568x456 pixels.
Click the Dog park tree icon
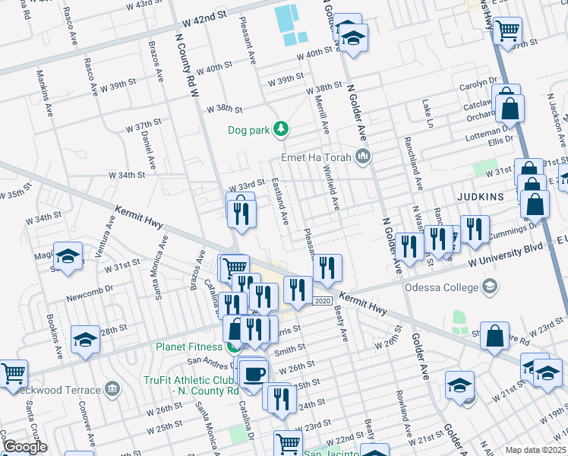pyautogui.click(x=281, y=129)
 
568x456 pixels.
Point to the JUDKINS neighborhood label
pyautogui.click(x=481, y=196)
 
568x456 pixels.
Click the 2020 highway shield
pyautogui.click(x=322, y=301)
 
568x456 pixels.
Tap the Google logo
pyautogui.click(x=24, y=447)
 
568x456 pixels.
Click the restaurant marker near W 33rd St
pyautogui.click(x=240, y=211)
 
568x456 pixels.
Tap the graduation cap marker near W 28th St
pyautogui.click(x=85, y=340)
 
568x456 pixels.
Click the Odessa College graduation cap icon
pyautogui.click(x=490, y=287)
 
